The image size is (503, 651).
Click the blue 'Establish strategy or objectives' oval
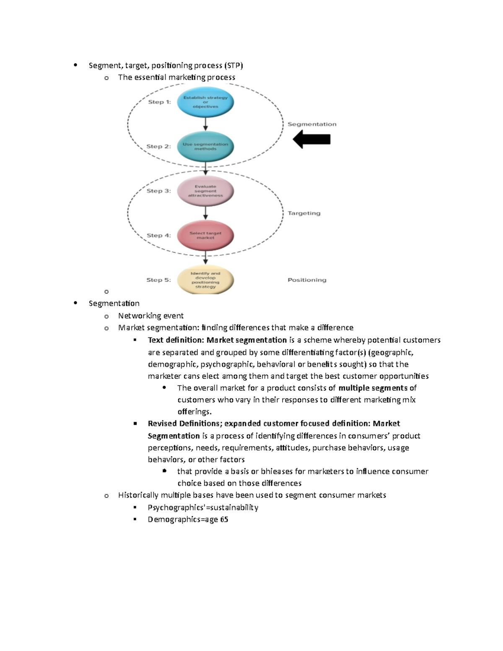(x=205, y=102)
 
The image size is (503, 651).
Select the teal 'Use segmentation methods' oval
(x=205, y=146)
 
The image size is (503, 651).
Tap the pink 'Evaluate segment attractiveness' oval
(x=205, y=191)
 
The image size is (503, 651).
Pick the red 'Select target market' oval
(x=205, y=235)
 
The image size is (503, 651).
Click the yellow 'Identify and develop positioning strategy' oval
(x=205, y=280)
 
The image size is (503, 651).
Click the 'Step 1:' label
(x=159, y=102)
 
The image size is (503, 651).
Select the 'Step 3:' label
(x=158, y=191)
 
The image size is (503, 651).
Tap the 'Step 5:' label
(x=158, y=280)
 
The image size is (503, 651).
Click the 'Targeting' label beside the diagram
(x=304, y=213)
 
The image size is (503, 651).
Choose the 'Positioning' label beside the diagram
(x=307, y=280)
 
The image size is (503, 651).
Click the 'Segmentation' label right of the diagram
(x=312, y=124)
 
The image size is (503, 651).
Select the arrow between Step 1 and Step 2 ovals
(x=205, y=124)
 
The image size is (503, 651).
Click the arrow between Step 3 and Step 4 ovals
(x=205, y=213)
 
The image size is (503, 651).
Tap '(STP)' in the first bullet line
(x=233, y=65)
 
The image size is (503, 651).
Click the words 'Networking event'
(x=151, y=316)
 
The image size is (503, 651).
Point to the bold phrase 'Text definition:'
(x=176, y=340)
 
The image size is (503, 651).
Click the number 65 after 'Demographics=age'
(x=224, y=519)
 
